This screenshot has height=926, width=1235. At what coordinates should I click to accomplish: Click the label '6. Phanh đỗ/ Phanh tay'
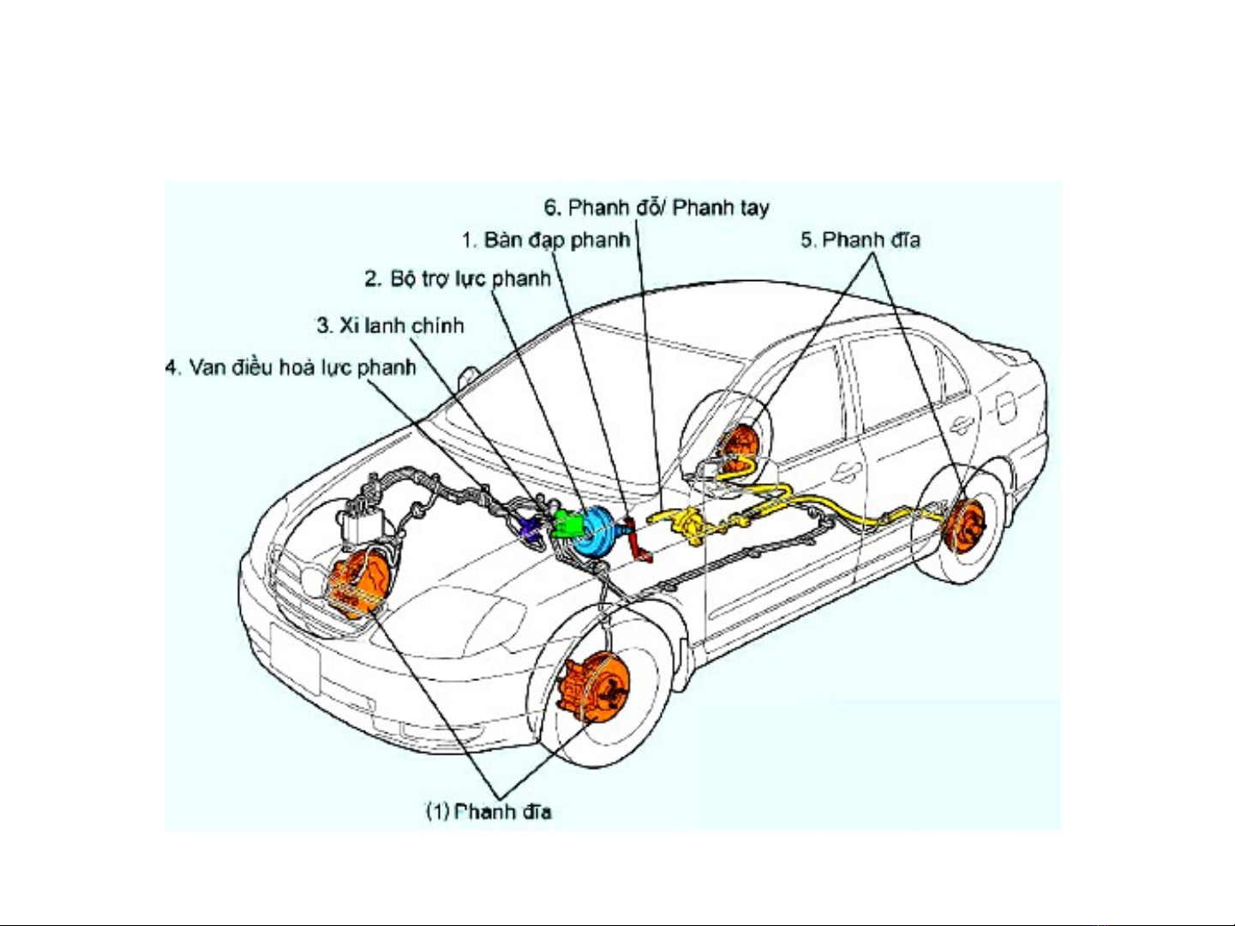(656, 207)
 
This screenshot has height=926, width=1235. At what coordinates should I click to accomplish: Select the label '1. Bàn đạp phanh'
(546, 240)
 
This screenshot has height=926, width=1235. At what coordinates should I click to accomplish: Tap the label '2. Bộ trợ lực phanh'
(458, 278)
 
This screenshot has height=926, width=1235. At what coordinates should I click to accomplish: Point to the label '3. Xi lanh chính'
(390, 326)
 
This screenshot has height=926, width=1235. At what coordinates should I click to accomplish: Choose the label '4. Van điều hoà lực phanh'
(291, 367)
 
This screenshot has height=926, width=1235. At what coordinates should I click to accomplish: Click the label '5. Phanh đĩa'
(860, 240)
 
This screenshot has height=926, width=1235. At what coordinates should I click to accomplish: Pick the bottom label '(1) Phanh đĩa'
(489, 811)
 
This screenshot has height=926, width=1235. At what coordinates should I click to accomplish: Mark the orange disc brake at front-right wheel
(593, 688)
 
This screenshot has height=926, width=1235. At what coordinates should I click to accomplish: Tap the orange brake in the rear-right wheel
(965, 525)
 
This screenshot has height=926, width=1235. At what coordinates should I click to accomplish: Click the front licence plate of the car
(296, 658)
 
